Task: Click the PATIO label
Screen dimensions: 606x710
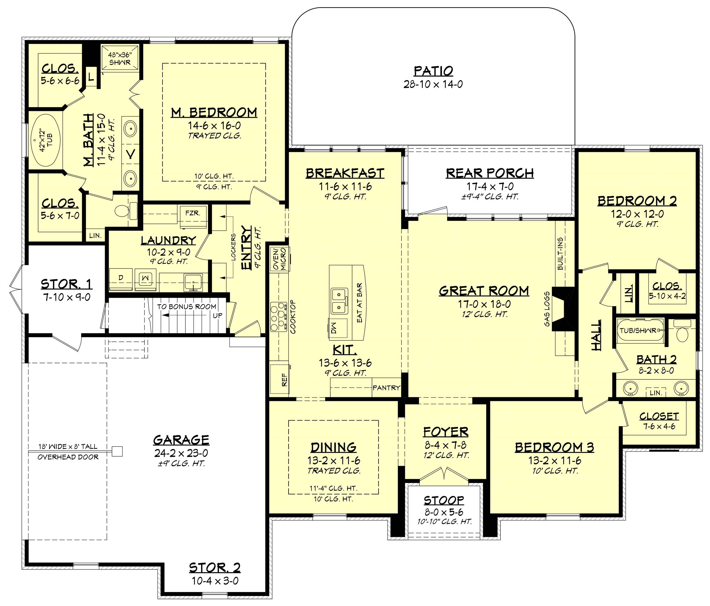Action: pyautogui.click(x=433, y=71)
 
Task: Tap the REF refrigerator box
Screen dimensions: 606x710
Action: pyautogui.click(x=280, y=379)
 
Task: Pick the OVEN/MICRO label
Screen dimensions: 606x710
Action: pyautogui.click(x=280, y=259)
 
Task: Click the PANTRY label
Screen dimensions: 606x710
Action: pyautogui.click(x=386, y=388)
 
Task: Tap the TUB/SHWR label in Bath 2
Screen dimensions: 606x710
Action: pyautogui.click(x=638, y=331)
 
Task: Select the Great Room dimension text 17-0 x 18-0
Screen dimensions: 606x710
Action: pyautogui.click(x=484, y=304)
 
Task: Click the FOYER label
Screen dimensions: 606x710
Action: pyautogui.click(x=445, y=432)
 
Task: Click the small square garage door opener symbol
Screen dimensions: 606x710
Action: pyautogui.click(x=117, y=451)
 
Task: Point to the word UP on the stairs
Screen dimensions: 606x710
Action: pyautogui.click(x=218, y=315)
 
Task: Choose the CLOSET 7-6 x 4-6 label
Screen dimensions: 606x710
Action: pyautogui.click(x=659, y=416)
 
